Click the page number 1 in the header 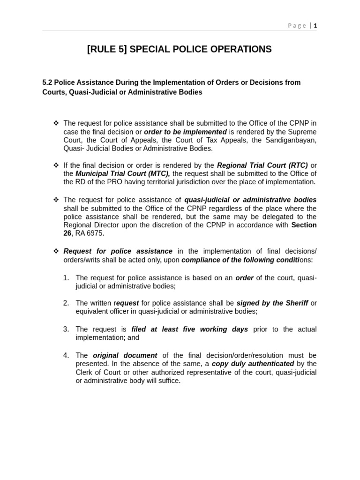315,26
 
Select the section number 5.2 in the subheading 47,82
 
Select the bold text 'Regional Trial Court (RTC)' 262,165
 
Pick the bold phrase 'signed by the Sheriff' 272,303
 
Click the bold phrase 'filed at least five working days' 189,330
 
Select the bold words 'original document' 125,356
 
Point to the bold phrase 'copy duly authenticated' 253,364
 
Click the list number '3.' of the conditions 66,330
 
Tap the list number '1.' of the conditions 66,278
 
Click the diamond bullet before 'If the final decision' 56,165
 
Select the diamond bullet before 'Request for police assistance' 56,251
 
